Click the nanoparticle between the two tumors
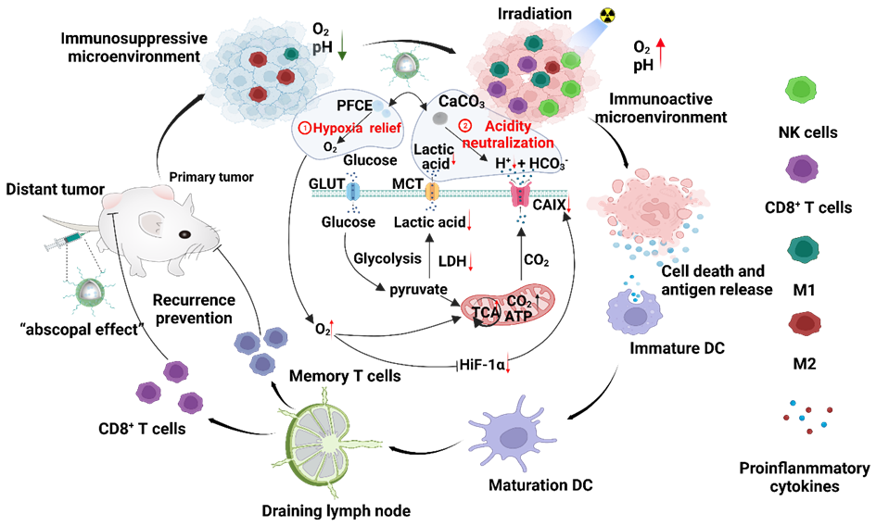click(405, 64)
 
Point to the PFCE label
click(353, 105)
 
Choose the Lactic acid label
click(433, 156)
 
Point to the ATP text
click(518, 316)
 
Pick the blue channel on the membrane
click(352, 193)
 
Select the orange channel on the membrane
click(431, 193)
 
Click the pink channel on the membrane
click(519, 194)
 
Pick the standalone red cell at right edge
click(804, 324)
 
